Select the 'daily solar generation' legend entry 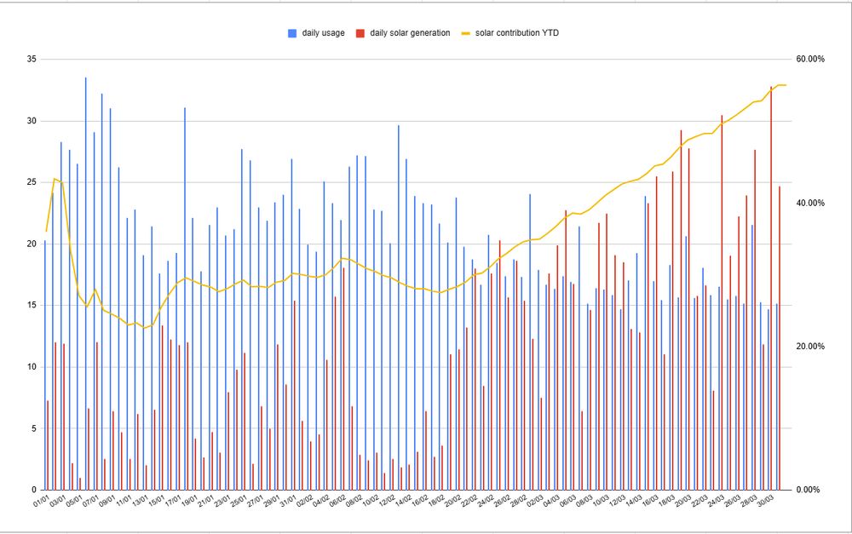(404, 33)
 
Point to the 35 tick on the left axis (32, 60)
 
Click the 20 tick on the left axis (32, 244)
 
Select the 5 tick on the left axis (34, 428)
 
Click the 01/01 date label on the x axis (40, 501)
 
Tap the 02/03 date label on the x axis (533, 501)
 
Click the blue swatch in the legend (292, 33)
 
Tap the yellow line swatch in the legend (466, 33)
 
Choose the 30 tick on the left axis (32, 121)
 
